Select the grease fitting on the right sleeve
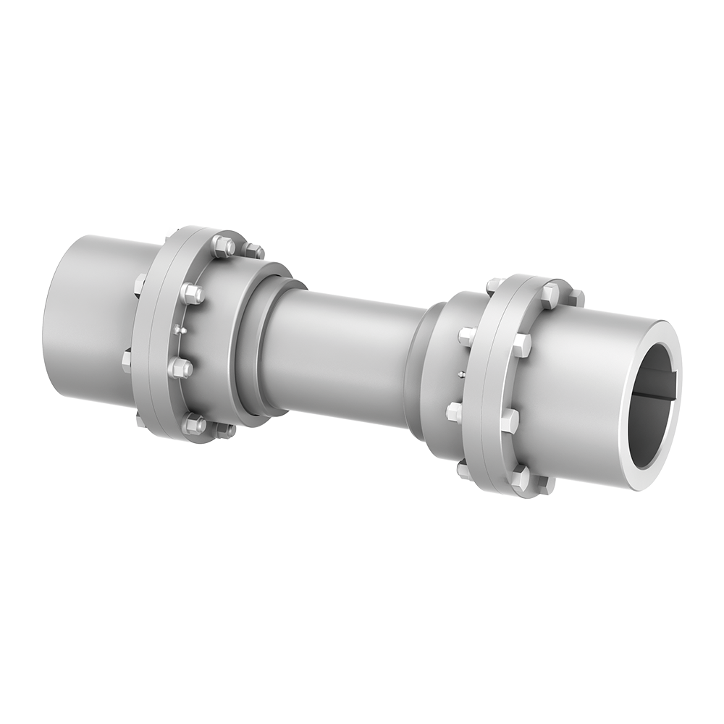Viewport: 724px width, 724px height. [x=461, y=374]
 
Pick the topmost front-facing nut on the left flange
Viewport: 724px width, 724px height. [x=223, y=246]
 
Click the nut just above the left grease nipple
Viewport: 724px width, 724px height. [x=192, y=293]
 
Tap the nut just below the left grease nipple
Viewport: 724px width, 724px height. [x=181, y=368]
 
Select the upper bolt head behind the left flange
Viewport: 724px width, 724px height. [x=140, y=284]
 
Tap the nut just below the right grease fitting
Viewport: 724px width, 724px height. [x=455, y=412]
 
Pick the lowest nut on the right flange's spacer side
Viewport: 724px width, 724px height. [x=464, y=470]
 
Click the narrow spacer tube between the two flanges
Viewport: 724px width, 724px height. [x=340, y=355]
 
